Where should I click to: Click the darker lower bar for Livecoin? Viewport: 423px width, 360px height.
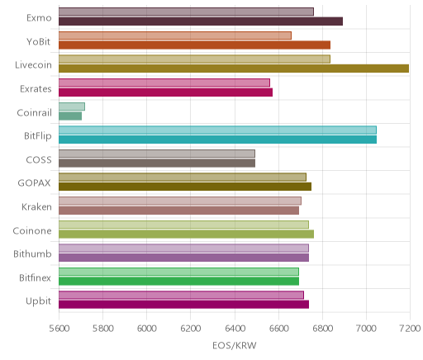[x=234, y=69]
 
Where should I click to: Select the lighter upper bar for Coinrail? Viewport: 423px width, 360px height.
[x=72, y=107]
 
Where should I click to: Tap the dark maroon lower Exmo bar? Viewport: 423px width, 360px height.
[x=201, y=21]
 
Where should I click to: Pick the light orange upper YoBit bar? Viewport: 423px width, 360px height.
[x=175, y=36]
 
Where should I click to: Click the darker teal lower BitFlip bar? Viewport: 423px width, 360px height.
[x=217, y=140]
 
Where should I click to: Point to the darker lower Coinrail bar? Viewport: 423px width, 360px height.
[x=70, y=116]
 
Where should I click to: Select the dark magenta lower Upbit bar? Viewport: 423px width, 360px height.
[x=183, y=305]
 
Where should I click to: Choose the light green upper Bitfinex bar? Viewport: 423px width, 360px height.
[x=178, y=272]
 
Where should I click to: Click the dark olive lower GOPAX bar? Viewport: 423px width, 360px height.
[x=185, y=187]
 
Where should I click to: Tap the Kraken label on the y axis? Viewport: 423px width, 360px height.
[x=36, y=206]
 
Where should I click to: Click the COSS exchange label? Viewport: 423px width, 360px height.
[x=39, y=160]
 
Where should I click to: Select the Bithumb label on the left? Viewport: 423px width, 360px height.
[x=32, y=253]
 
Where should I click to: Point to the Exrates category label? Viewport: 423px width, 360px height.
[x=36, y=89]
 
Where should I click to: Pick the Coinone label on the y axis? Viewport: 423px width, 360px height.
[x=32, y=230]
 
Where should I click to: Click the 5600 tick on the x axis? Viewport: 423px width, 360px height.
[x=59, y=329]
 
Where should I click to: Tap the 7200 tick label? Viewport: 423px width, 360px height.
[x=410, y=329]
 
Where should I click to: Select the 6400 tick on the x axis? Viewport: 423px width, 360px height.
[x=235, y=329]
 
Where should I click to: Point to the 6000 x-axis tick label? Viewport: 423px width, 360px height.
[x=147, y=329]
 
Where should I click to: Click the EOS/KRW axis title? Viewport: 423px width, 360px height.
[x=235, y=345]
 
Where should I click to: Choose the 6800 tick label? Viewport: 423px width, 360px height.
[x=322, y=329]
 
